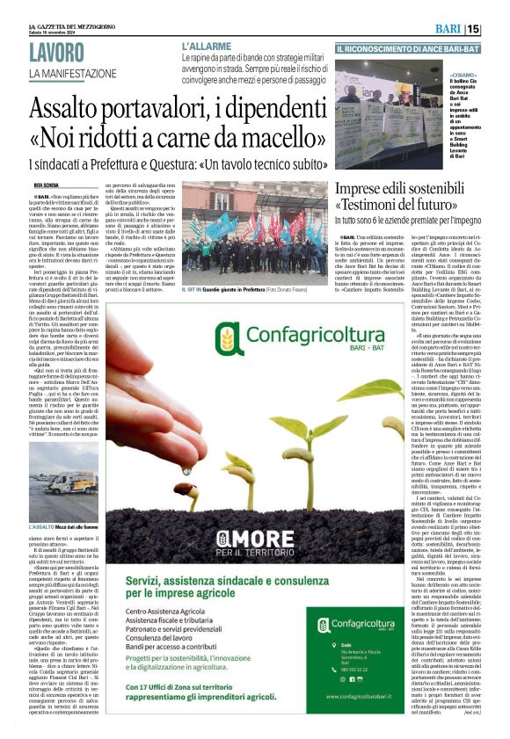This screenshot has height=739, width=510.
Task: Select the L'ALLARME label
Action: tap(207, 44)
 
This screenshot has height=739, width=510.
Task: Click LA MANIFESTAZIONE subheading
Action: tap(72, 73)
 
